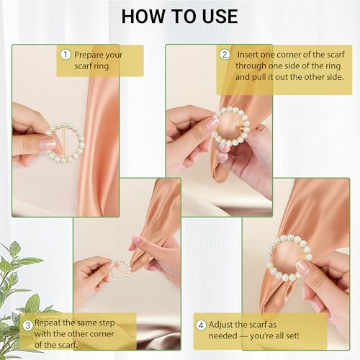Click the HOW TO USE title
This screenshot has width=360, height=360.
(179, 16)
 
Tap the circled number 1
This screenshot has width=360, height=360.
(66, 55)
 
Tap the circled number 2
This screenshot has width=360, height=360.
(224, 55)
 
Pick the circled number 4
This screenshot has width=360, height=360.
(202, 324)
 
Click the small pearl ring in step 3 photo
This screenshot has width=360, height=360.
(120, 270)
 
